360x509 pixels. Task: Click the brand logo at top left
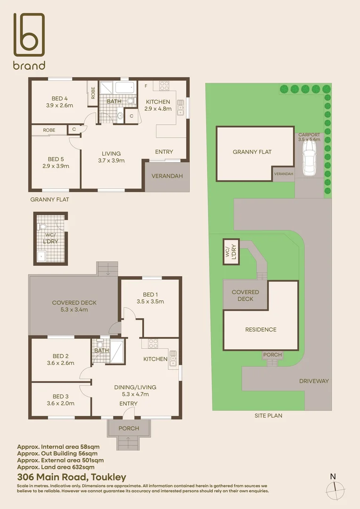click(29, 41)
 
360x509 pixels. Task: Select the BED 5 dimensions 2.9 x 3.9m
click(56, 166)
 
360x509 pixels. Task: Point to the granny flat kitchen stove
click(164, 86)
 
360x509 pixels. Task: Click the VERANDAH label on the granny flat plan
click(167, 176)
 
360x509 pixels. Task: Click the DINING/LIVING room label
click(135, 387)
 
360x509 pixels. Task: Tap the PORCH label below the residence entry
click(129, 428)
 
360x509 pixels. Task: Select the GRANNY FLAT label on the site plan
click(252, 152)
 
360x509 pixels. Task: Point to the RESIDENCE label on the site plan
click(261, 329)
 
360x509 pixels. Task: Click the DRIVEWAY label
click(314, 381)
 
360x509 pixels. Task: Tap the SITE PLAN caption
click(268, 416)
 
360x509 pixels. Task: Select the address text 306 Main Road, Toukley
click(72, 477)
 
